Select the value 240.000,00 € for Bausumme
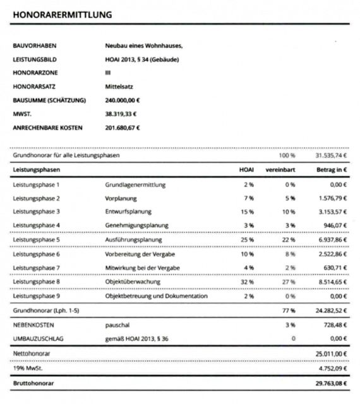click(123, 100)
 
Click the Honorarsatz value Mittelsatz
click(118, 86)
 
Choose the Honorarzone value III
click(107, 73)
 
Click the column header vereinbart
click(281, 170)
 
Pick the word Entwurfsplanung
click(128, 211)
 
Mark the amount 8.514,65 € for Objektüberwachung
click(332, 282)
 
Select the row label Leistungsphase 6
click(36, 254)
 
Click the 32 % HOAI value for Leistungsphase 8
click(246, 282)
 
